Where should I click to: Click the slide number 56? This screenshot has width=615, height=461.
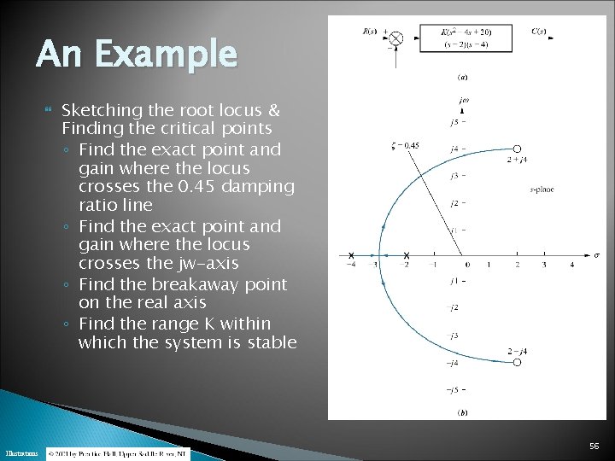[x=594, y=446]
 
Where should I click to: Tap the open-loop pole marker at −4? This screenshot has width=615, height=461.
[x=351, y=255]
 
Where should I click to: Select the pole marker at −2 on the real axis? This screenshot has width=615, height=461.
[x=407, y=255]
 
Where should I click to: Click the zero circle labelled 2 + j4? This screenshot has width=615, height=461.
[x=517, y=149]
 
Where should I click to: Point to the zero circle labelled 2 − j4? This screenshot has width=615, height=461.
[x=517, y=361]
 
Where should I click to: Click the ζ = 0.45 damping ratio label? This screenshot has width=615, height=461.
[x=405, y=145]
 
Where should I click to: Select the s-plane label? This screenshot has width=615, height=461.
[x=542, y=189]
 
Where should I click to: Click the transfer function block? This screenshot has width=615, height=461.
[x=466, y=38]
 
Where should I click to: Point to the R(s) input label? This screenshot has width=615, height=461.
[x=370, y=32]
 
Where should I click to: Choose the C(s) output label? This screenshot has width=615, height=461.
[x=539, y=32]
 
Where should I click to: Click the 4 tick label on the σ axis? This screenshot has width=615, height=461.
[x=572, y=266]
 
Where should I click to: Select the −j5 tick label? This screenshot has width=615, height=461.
[x=454, y=390]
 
